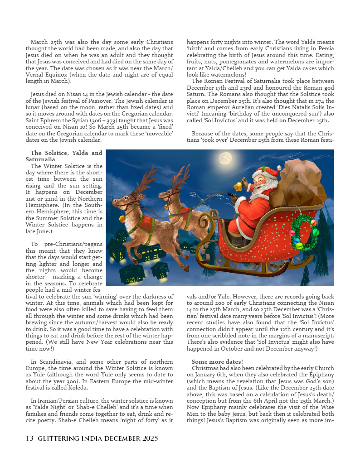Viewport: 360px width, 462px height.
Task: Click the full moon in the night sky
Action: click(225, 158)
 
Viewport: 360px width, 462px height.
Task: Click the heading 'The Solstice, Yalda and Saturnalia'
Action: click(64, 156)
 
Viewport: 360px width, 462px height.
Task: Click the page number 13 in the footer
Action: click(29, 438)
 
